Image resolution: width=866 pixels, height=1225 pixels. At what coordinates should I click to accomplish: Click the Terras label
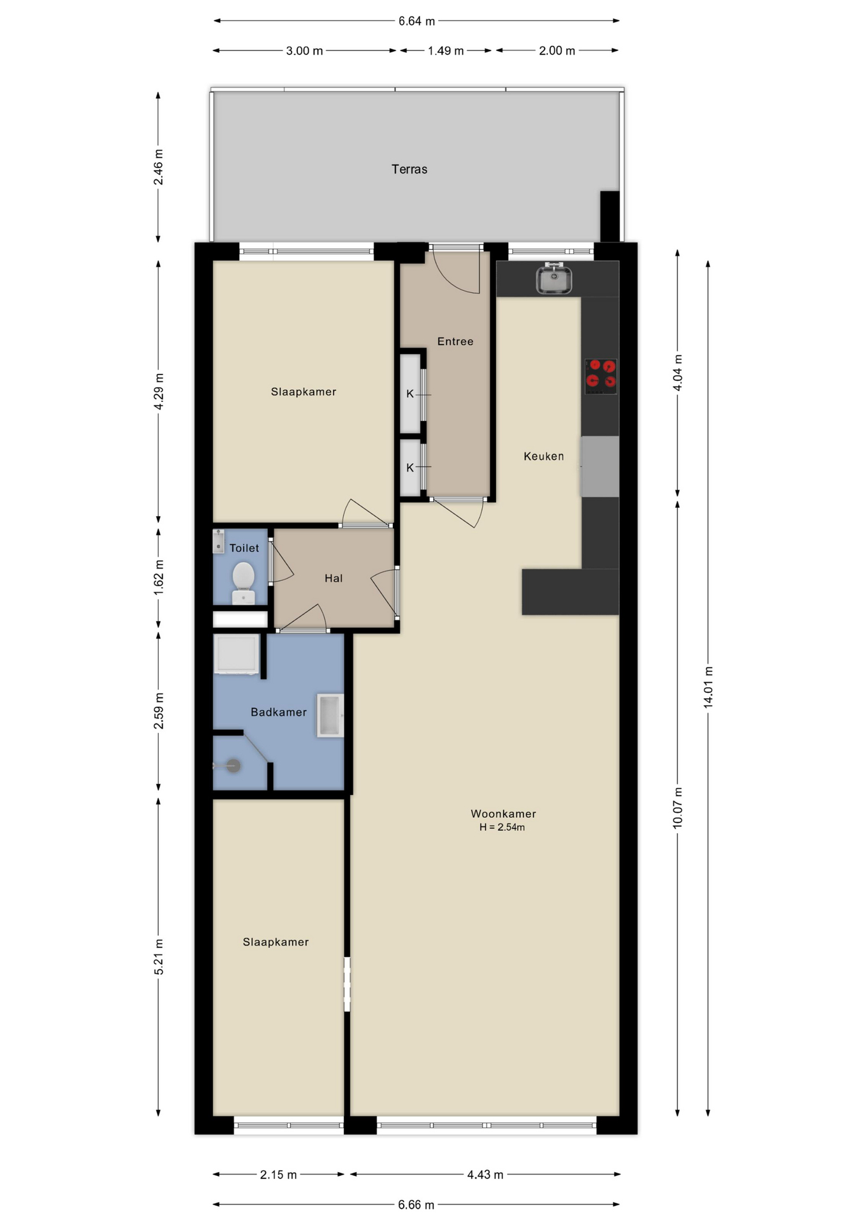coord(409,169)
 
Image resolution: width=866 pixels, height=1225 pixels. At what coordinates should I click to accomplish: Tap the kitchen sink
coord(554,279)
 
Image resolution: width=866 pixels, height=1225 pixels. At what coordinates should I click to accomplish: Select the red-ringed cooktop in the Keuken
coord(601,376)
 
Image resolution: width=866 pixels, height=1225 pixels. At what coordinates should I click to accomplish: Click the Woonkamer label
coord(503,813)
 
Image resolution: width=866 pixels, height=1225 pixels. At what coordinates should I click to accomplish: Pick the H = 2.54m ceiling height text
coord(503,828)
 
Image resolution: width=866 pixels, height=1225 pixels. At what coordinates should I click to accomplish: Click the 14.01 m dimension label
coord(708,687)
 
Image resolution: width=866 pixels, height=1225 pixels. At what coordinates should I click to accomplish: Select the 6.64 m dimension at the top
coord(416,21)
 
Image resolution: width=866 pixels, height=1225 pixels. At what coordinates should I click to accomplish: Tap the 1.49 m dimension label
coord(446,50)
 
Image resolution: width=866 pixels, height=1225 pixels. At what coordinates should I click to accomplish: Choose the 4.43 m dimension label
coord(485,1175)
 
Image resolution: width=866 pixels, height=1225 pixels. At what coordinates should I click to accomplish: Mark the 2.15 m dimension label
coord(278,1175)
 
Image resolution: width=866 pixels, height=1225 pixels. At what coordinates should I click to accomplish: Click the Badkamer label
coord(279,712)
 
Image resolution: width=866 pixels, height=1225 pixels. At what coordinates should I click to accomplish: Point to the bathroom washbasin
coord(330,716)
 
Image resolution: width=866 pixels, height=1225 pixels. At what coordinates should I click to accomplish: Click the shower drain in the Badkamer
coord(233,766)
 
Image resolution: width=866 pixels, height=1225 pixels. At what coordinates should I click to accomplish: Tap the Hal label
coord(334,578)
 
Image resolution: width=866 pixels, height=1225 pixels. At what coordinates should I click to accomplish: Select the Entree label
coord(455,341)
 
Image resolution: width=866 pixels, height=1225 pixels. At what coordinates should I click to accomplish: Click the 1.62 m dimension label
coord(159,578)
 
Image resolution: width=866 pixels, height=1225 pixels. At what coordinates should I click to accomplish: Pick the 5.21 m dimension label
coord(159,957)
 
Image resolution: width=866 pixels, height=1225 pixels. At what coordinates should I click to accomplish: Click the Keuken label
coord(544,456)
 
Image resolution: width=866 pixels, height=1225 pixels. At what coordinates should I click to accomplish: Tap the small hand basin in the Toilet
coord(219,541)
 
